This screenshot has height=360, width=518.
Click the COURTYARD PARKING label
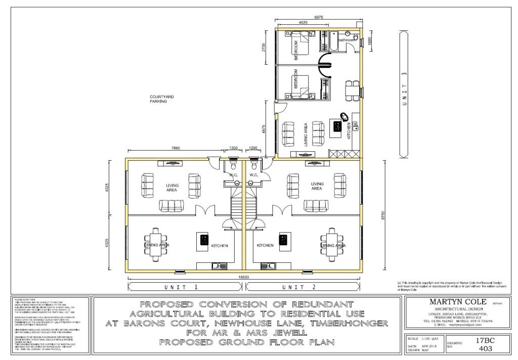(161, 99)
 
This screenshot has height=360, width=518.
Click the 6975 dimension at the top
(319, 17)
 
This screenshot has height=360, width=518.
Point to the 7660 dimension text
(176, 148)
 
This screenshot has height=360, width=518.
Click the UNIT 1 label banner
(186, 287)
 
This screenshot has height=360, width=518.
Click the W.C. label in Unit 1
(233, 175)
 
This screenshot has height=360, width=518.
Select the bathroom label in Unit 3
(347, 40)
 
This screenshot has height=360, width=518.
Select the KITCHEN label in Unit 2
(265, 246)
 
